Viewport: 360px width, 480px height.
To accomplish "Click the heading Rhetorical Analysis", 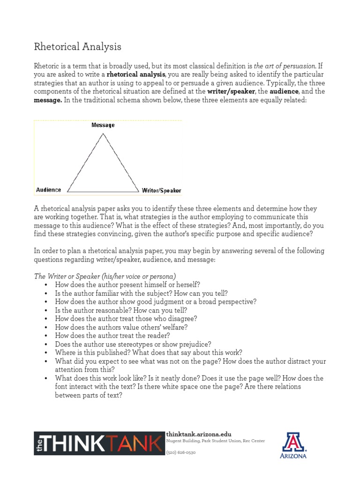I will coord(78,46).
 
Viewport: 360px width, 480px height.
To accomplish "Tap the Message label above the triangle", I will coord(103,125).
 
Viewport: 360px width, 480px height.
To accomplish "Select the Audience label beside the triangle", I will coord(49,190).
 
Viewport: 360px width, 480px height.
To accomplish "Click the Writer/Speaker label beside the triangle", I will coord(161,191).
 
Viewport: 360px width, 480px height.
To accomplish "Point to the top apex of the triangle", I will coord(103,134).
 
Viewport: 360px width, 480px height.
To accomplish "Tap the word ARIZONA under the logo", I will coord(294,455).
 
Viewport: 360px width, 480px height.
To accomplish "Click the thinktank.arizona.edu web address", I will coord(199,434).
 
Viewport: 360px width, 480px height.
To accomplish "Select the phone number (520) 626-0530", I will coord(181,452).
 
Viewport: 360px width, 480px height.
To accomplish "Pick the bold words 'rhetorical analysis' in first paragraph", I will coord(136,75).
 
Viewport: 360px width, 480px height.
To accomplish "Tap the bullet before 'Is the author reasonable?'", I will coord(46,310).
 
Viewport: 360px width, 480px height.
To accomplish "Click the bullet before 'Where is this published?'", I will coord(46,352).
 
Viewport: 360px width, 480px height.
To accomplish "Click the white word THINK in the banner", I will coord(77,443).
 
